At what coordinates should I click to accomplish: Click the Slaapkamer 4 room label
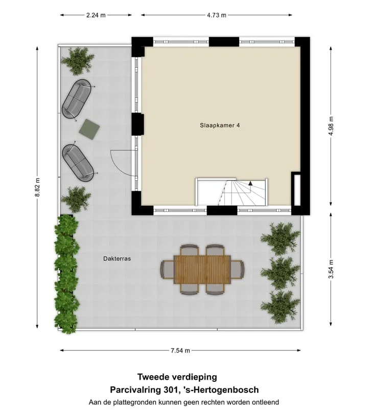[220, 125]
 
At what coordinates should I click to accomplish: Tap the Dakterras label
[117, 259]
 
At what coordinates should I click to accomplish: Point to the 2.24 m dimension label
[96, 15]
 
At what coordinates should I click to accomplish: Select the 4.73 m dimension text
[216, 15]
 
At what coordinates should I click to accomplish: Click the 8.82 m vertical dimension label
[37, 187]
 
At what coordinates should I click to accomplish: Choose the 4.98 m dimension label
[331, 126]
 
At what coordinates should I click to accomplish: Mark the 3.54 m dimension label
[331, 269]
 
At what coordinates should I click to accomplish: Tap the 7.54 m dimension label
[180, 351]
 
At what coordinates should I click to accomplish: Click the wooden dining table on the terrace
[202, 269]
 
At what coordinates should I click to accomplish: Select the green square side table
[89, 129]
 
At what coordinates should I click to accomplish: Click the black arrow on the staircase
[250, 183]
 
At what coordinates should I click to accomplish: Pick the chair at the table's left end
[167, 269]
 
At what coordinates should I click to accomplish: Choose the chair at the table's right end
[237, 269]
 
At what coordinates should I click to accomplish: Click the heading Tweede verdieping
[177, 377]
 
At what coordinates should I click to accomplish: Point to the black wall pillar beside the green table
[137, 124]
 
